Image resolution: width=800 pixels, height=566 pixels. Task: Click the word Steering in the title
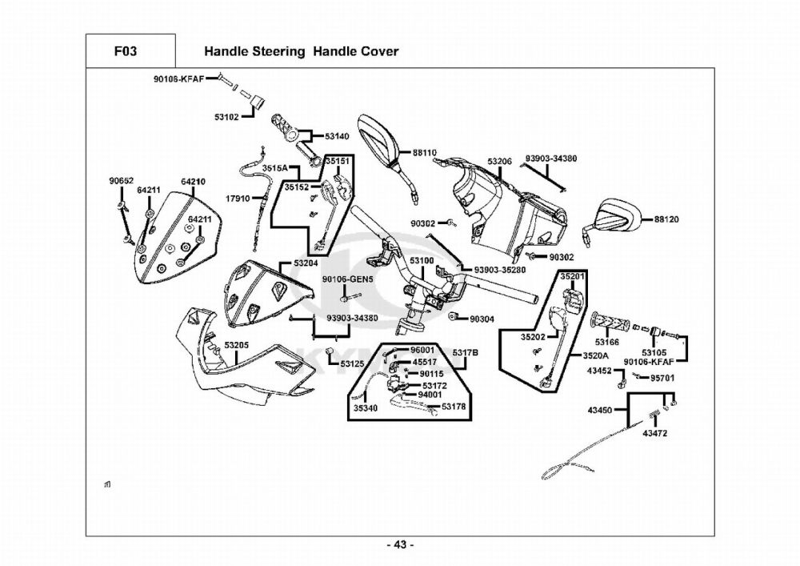(x=277, y=51)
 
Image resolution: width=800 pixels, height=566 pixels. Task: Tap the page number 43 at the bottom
(x=400, y=545)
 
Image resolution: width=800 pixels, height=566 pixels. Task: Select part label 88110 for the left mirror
(x=425, y=152)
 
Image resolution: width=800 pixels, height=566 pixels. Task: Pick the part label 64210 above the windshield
(x=193, y=182)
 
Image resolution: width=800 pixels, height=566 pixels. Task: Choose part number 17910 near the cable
(x=238, y=199)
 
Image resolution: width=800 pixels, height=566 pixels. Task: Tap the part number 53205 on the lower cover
(x=237, y=346)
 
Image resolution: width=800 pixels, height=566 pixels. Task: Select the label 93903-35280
(x=500, y=270)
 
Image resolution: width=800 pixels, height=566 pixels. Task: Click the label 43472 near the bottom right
(x=655, y=433)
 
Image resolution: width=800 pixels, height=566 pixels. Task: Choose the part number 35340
(x=366, y=407)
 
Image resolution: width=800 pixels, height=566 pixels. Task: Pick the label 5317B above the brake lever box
(x=465, y=353)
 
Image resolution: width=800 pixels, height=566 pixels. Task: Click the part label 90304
(x=482, y=319)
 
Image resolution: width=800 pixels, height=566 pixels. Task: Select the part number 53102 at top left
(x=226, y=117)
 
